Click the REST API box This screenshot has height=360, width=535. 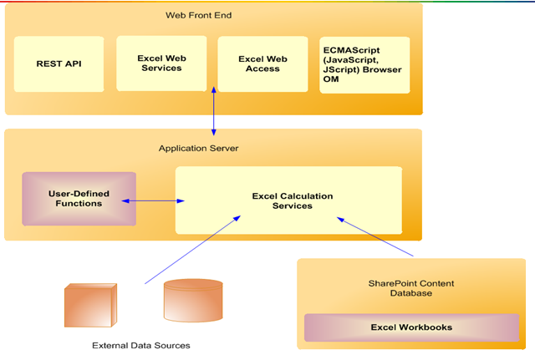(59, 63)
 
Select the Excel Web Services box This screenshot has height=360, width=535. (161, 63)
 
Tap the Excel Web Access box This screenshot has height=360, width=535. (262, 63)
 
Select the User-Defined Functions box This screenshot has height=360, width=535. (79, 198)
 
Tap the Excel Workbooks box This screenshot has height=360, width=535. (411, 327)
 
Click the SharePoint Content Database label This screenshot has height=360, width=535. (411, 288)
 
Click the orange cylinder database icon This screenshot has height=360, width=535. (193, 301)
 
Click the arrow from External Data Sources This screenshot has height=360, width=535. (192, 249)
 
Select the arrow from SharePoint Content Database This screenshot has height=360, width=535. (376, 236)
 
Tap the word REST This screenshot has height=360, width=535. (47, 63)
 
